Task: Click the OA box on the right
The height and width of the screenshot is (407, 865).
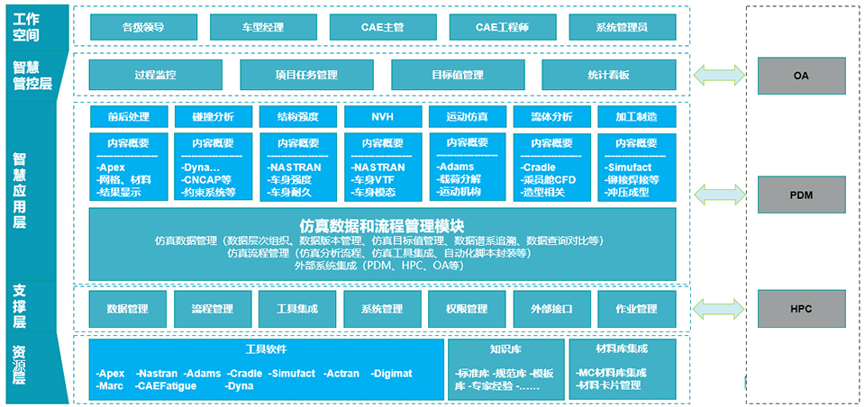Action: pos(801,76)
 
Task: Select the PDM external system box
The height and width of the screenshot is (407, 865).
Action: pos(801,194)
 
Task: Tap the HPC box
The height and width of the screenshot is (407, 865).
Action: pos(801,309)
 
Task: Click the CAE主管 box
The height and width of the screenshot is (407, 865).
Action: pos(382,27)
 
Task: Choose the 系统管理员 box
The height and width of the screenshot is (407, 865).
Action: pos(622,27)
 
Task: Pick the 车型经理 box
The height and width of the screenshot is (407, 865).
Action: pos(262,27)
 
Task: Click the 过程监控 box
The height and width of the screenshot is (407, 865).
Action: pos(156,75)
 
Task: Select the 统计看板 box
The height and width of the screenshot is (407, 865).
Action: pos(608,75)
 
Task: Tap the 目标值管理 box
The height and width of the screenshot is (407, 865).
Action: pos(458,75)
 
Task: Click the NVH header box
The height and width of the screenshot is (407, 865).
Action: pos(383,117)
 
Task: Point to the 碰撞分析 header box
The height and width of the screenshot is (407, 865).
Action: pos(213,117)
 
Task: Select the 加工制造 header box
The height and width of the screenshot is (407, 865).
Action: pos(636,117)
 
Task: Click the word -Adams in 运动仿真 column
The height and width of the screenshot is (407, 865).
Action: pos(456,167)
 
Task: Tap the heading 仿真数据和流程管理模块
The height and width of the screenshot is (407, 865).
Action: pos(381,226)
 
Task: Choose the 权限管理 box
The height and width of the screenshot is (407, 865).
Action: pos(467,309)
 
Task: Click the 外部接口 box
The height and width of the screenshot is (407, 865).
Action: pos(551,309)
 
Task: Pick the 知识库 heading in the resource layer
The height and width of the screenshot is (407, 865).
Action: pos(505,348)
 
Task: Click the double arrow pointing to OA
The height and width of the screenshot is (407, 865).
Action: pos(720,75)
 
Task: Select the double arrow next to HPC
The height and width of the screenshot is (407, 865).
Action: pos(720,308)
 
